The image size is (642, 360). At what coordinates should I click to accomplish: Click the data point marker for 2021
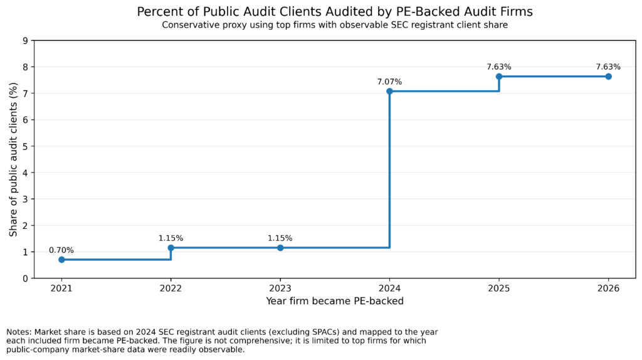pyautogui.click(x=61, y=260)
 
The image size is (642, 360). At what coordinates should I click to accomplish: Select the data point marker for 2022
pyautogui.click(x=171, y=248)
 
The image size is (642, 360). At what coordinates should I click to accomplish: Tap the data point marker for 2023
pyautogui.click(x=280, y=248)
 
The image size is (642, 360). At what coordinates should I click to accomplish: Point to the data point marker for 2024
pyautogui.click(x=389, y=91)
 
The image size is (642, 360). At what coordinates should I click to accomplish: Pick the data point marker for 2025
pyautogui.click(x=499, y=77)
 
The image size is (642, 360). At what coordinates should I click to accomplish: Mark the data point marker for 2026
pyautogui.click(x=608, y=77)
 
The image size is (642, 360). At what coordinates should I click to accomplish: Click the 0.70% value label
pyautogui.click(x=61, y=250)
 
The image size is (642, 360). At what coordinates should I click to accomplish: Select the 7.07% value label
pyautogui.click(x=389, y=82)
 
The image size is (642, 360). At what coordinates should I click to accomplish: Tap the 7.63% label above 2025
pyautogui.click(x=499, y=66)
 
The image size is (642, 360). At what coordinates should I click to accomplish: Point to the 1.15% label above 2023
pyautogui.click(x=280, y=238)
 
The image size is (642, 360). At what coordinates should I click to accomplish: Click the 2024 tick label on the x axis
pyautogui.click(x=389, y=289)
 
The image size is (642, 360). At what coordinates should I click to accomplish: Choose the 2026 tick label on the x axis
pyautogui.click(x=608, y=289)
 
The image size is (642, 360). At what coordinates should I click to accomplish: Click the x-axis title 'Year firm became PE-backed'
pyautogui.click(x=335, y=301)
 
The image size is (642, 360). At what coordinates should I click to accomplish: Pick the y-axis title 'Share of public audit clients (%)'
pyautogui.click(x=13, y=159)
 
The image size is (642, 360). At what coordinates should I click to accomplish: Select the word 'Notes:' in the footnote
pyautogui.click(x=19, y=332)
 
